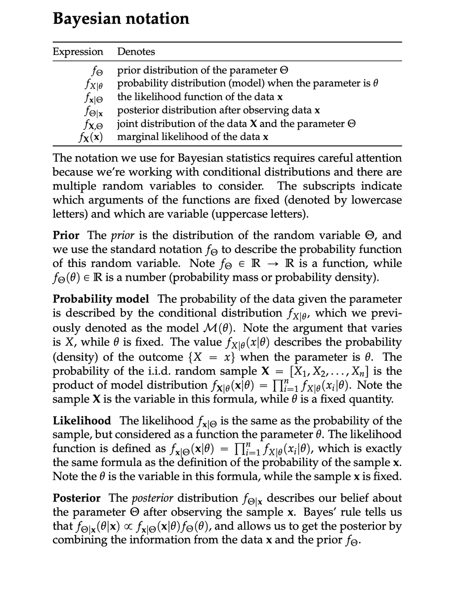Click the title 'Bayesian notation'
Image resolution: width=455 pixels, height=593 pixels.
point(121,18)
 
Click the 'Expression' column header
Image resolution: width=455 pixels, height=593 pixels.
point(78,52)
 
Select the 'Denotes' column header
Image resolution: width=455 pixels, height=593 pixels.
point(136,52)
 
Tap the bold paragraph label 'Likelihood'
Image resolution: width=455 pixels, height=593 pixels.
point(82,421)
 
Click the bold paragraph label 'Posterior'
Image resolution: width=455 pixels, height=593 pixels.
point(77,498)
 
